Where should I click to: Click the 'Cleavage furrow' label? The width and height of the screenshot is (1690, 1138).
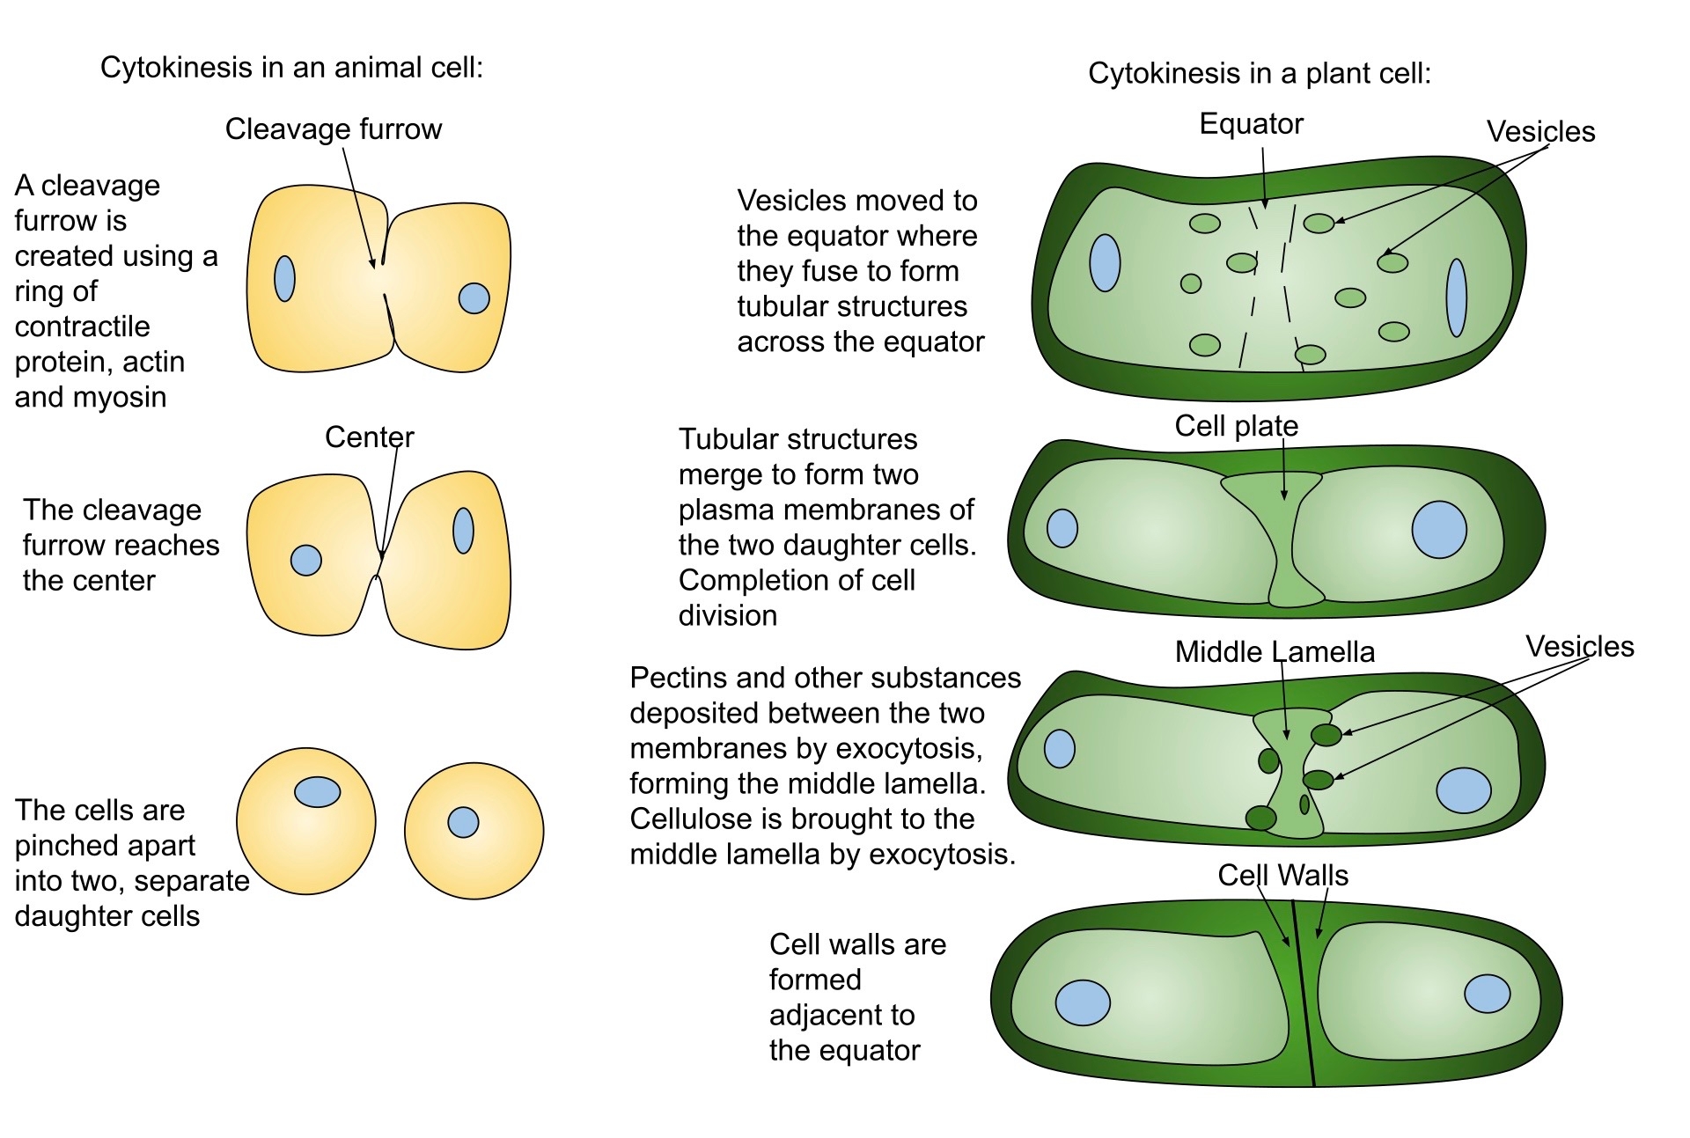tap(333, 129)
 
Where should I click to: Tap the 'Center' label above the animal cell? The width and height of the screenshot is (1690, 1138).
tap(369, 437)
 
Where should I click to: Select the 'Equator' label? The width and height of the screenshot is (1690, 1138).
tap(1251, 124)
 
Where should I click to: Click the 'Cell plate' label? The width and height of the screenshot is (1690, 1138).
tap(1236, 426)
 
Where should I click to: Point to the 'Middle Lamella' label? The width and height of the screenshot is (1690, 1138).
tap(1275, 651)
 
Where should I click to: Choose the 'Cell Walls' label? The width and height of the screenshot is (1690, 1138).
tap(1282, 875)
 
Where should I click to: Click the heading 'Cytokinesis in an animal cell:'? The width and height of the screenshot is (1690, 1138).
tap(291, 68)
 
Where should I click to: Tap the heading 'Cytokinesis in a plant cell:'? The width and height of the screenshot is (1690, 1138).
tap(1259, 73)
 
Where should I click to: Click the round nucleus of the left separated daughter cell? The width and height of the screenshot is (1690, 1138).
tap(317, 792)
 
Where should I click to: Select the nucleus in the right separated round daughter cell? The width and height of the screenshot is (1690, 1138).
tap(463, 822)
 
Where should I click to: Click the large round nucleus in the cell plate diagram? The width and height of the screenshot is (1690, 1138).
tap(1439, 530)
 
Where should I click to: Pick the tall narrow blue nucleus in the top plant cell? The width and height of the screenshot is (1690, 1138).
tap(1457, 297)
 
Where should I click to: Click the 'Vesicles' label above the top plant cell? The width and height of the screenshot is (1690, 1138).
tap(1540, 132)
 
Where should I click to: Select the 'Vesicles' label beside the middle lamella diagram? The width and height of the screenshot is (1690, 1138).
tap(1579, 647)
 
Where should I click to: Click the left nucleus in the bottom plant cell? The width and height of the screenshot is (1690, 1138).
tap(1083, 1002)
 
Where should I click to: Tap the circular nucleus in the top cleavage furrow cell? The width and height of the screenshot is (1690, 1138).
tap(474, 298)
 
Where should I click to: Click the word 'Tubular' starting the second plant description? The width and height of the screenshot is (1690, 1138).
tap(731, 439)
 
